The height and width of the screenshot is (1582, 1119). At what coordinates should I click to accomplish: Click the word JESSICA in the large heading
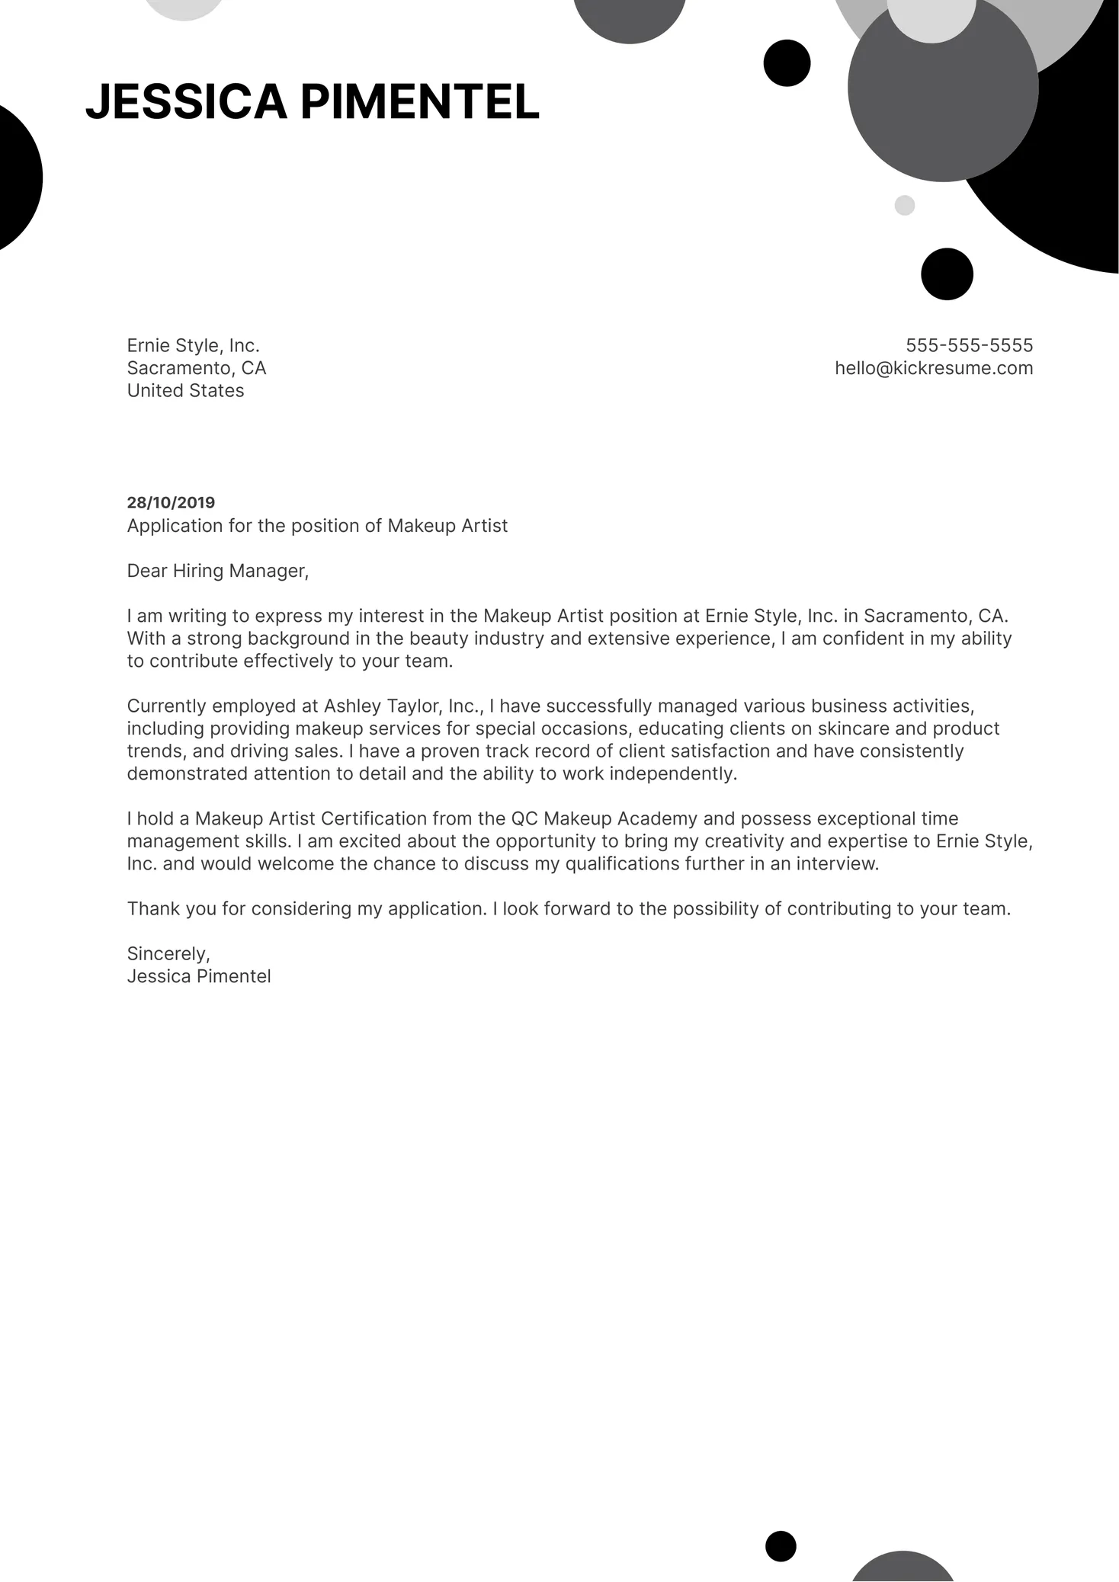click(x=186, y=102)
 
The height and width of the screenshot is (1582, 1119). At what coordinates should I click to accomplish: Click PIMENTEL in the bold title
click(x=420, y=102)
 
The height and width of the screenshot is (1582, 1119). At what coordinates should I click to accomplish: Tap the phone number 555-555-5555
click(x=969, y=345)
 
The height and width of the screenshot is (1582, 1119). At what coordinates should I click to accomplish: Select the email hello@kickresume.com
click(x=934, y=368)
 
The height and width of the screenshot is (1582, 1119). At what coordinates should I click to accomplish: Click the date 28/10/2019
click(x=171, y=502)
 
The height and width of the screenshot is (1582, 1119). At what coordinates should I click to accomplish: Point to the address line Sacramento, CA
click(x=197, y=368)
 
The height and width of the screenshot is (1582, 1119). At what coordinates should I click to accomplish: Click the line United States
click(x=185, y=390)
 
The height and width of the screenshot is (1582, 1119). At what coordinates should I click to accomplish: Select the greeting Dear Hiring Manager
click(x=217, y=571)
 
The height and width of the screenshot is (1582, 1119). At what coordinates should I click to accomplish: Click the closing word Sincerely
click(x=168, y=953)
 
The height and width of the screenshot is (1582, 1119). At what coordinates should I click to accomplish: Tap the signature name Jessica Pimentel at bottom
click(x=199, y=976)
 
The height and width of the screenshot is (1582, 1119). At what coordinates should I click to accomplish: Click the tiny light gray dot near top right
click(x=904, y=205)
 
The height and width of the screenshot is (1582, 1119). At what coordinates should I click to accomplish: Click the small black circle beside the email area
click(x=947, y=274)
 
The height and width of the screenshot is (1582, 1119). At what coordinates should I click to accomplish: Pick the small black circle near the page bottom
click(x=781, y=1546)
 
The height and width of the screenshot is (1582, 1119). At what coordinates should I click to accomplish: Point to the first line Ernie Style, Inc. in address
click(x=193, y=345)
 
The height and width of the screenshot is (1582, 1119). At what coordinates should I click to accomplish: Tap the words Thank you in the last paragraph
click(x=163, y=908)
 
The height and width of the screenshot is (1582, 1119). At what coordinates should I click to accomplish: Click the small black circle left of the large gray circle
click(x=787, y=62)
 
